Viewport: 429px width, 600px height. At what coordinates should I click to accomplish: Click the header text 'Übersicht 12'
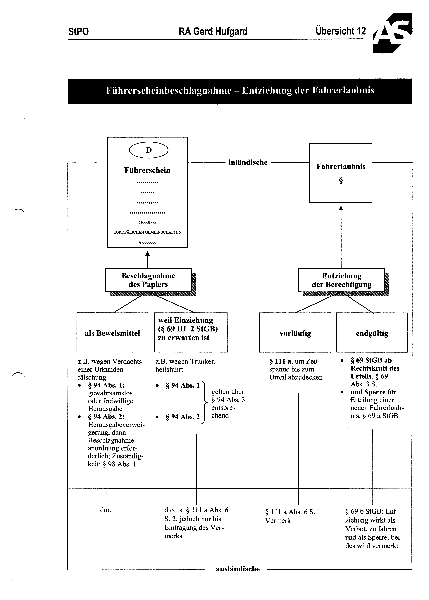pos(340,31)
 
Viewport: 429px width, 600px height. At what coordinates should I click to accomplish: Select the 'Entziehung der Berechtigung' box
pos(342,280)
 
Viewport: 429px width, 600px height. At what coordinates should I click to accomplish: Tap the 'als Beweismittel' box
pos(112,332)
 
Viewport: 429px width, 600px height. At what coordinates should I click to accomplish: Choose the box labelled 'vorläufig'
pos(295,332)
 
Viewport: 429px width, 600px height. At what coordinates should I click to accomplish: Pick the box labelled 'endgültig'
pos(372,332)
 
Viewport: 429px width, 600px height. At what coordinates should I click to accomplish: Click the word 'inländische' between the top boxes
pos(248,162)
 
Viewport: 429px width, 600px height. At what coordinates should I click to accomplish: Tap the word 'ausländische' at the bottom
pos(238,569)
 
